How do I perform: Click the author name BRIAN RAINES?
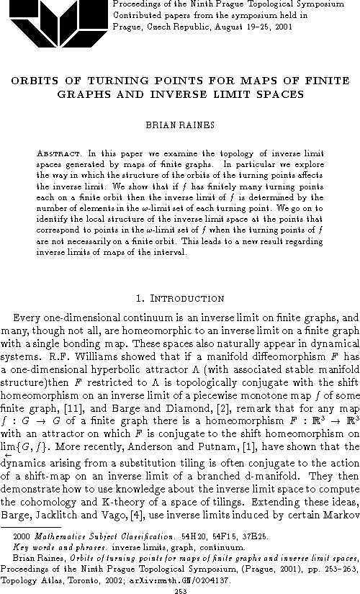(179, 125)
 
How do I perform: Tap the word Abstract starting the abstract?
(58, 154)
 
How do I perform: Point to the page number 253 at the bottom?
(180, 585)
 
